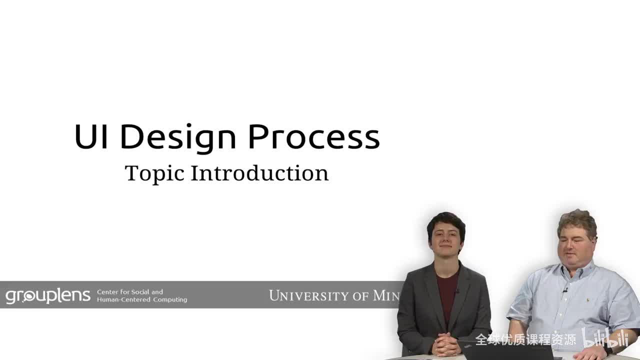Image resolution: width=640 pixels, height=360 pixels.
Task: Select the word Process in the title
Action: coord(314,136)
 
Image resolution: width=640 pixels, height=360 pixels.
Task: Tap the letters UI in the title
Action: coord(91,136)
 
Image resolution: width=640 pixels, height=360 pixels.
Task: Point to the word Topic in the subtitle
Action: coord(154,173)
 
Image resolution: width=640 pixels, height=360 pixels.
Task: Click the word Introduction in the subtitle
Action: coord(259,173)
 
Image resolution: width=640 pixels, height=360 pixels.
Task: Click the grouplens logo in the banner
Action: coord(48,295)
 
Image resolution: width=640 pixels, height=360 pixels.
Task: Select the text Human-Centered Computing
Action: coord(142,299)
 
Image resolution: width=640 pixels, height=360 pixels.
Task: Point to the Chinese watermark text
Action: coord(525,340)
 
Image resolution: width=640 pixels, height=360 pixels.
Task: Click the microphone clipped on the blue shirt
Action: coord(565,289)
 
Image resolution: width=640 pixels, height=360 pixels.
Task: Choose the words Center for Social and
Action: coord(130,292)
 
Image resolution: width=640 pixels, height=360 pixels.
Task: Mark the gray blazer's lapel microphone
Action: coord(456,290)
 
